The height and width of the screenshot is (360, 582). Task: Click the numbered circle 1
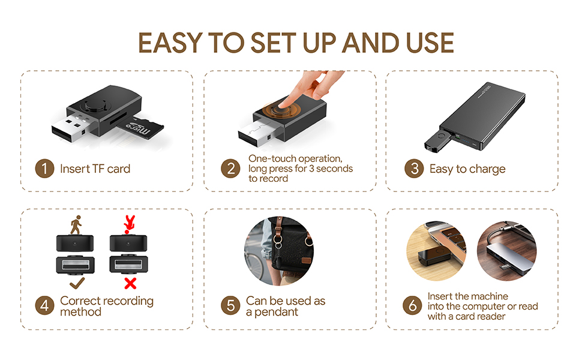pyautogui.click(x=44, y=169)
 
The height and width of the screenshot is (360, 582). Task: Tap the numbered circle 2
pyautogui.click(x=230, y=169)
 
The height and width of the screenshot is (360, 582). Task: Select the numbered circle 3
pyautogui.click(x=414, y=169)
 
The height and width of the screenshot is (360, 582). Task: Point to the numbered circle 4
pyautogui.click(x=44, y=305)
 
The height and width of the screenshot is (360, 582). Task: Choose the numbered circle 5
pyautogui.click(x=230, y=305)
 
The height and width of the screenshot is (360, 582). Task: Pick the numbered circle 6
pyautogui.click(x=412, y=305)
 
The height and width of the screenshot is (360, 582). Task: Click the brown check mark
pyautogui.click(x=77, y=283)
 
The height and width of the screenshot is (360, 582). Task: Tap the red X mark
pyautogui.click(x=130, y=284)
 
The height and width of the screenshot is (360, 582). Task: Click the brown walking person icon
pyautogui.click(x=76, y=224)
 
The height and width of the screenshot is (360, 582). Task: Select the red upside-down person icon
pyautogui.click(x=129, y=224)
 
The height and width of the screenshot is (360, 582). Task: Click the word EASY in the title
pyautogui.click(x=171, y=43)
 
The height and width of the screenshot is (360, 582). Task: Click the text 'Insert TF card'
pyautogui.click(x=95, y=169)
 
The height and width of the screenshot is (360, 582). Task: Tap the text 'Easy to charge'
pyautogui.click(x=467, y=169)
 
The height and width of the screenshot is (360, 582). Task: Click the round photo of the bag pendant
pyautogui.click(x=279, y=251)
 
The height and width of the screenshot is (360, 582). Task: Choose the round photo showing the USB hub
pyautogui.click(x=506, y=251)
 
